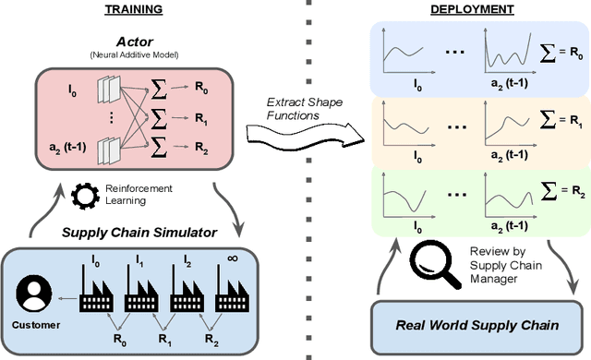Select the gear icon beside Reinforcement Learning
pos(83,195)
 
